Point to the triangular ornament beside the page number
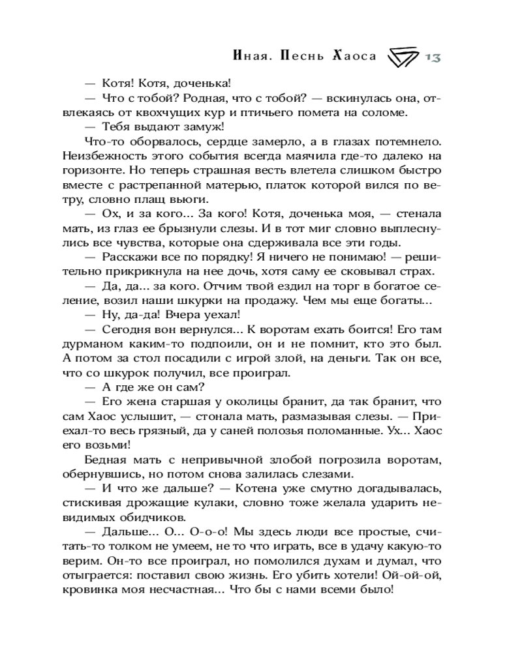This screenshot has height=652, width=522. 403,57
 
